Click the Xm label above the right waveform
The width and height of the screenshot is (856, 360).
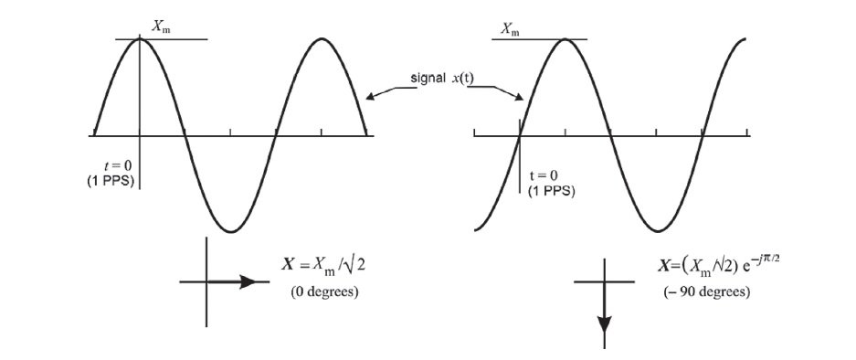coord(511,30)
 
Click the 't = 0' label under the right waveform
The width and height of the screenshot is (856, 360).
coord(546,175)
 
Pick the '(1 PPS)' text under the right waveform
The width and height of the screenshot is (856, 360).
coord(550,191)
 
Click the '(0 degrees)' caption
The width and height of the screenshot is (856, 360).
coord(325,292)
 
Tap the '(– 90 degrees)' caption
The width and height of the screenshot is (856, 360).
coord(707,292)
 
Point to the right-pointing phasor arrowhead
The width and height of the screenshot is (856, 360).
coord(248,282)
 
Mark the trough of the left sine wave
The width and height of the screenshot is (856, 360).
coord(231,231)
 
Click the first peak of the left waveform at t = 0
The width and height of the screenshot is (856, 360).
coord(141,38)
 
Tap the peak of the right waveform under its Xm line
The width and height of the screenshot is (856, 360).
coord(565,39)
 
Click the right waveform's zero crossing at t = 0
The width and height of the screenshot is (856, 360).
coord(519,135)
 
